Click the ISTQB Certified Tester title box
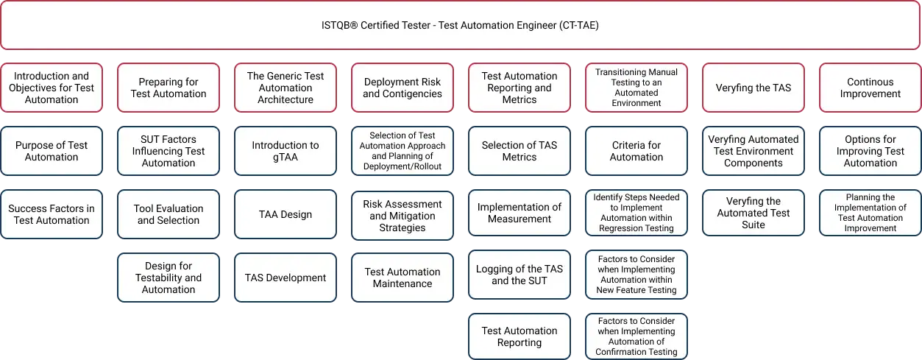(460, 25)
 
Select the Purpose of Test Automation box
(52, 151)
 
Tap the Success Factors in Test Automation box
(52, 214)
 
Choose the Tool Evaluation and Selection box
(169, 214)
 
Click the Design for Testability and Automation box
(169, 278)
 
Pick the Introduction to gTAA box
(286, 151)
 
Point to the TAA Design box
(286, 214)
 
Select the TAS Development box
(286, 278)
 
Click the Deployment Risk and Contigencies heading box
(403, 88)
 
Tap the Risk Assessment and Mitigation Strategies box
(403, 216)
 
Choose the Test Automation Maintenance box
(403, 278)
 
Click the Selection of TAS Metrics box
(519, 151)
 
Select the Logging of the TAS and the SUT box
(519, 275)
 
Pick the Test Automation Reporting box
(519, 336)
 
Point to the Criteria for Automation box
(636, 151)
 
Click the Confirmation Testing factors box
(636, 336)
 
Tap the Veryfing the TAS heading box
(753, 88)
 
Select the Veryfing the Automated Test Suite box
(753, 213)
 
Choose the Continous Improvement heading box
(870, 88)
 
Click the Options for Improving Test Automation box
(870, 151)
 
